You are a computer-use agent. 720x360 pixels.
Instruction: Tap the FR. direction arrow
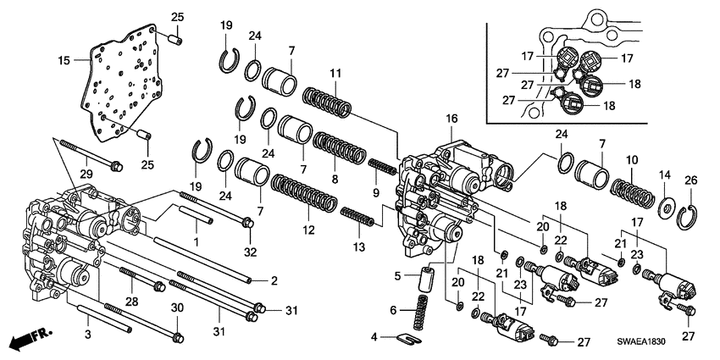tap(28, 341)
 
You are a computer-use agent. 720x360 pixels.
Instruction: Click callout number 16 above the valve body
tap(451, 120)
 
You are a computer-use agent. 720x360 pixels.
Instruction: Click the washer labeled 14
tap(665, 206)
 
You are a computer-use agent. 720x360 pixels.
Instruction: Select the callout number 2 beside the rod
tap(274, 280)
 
